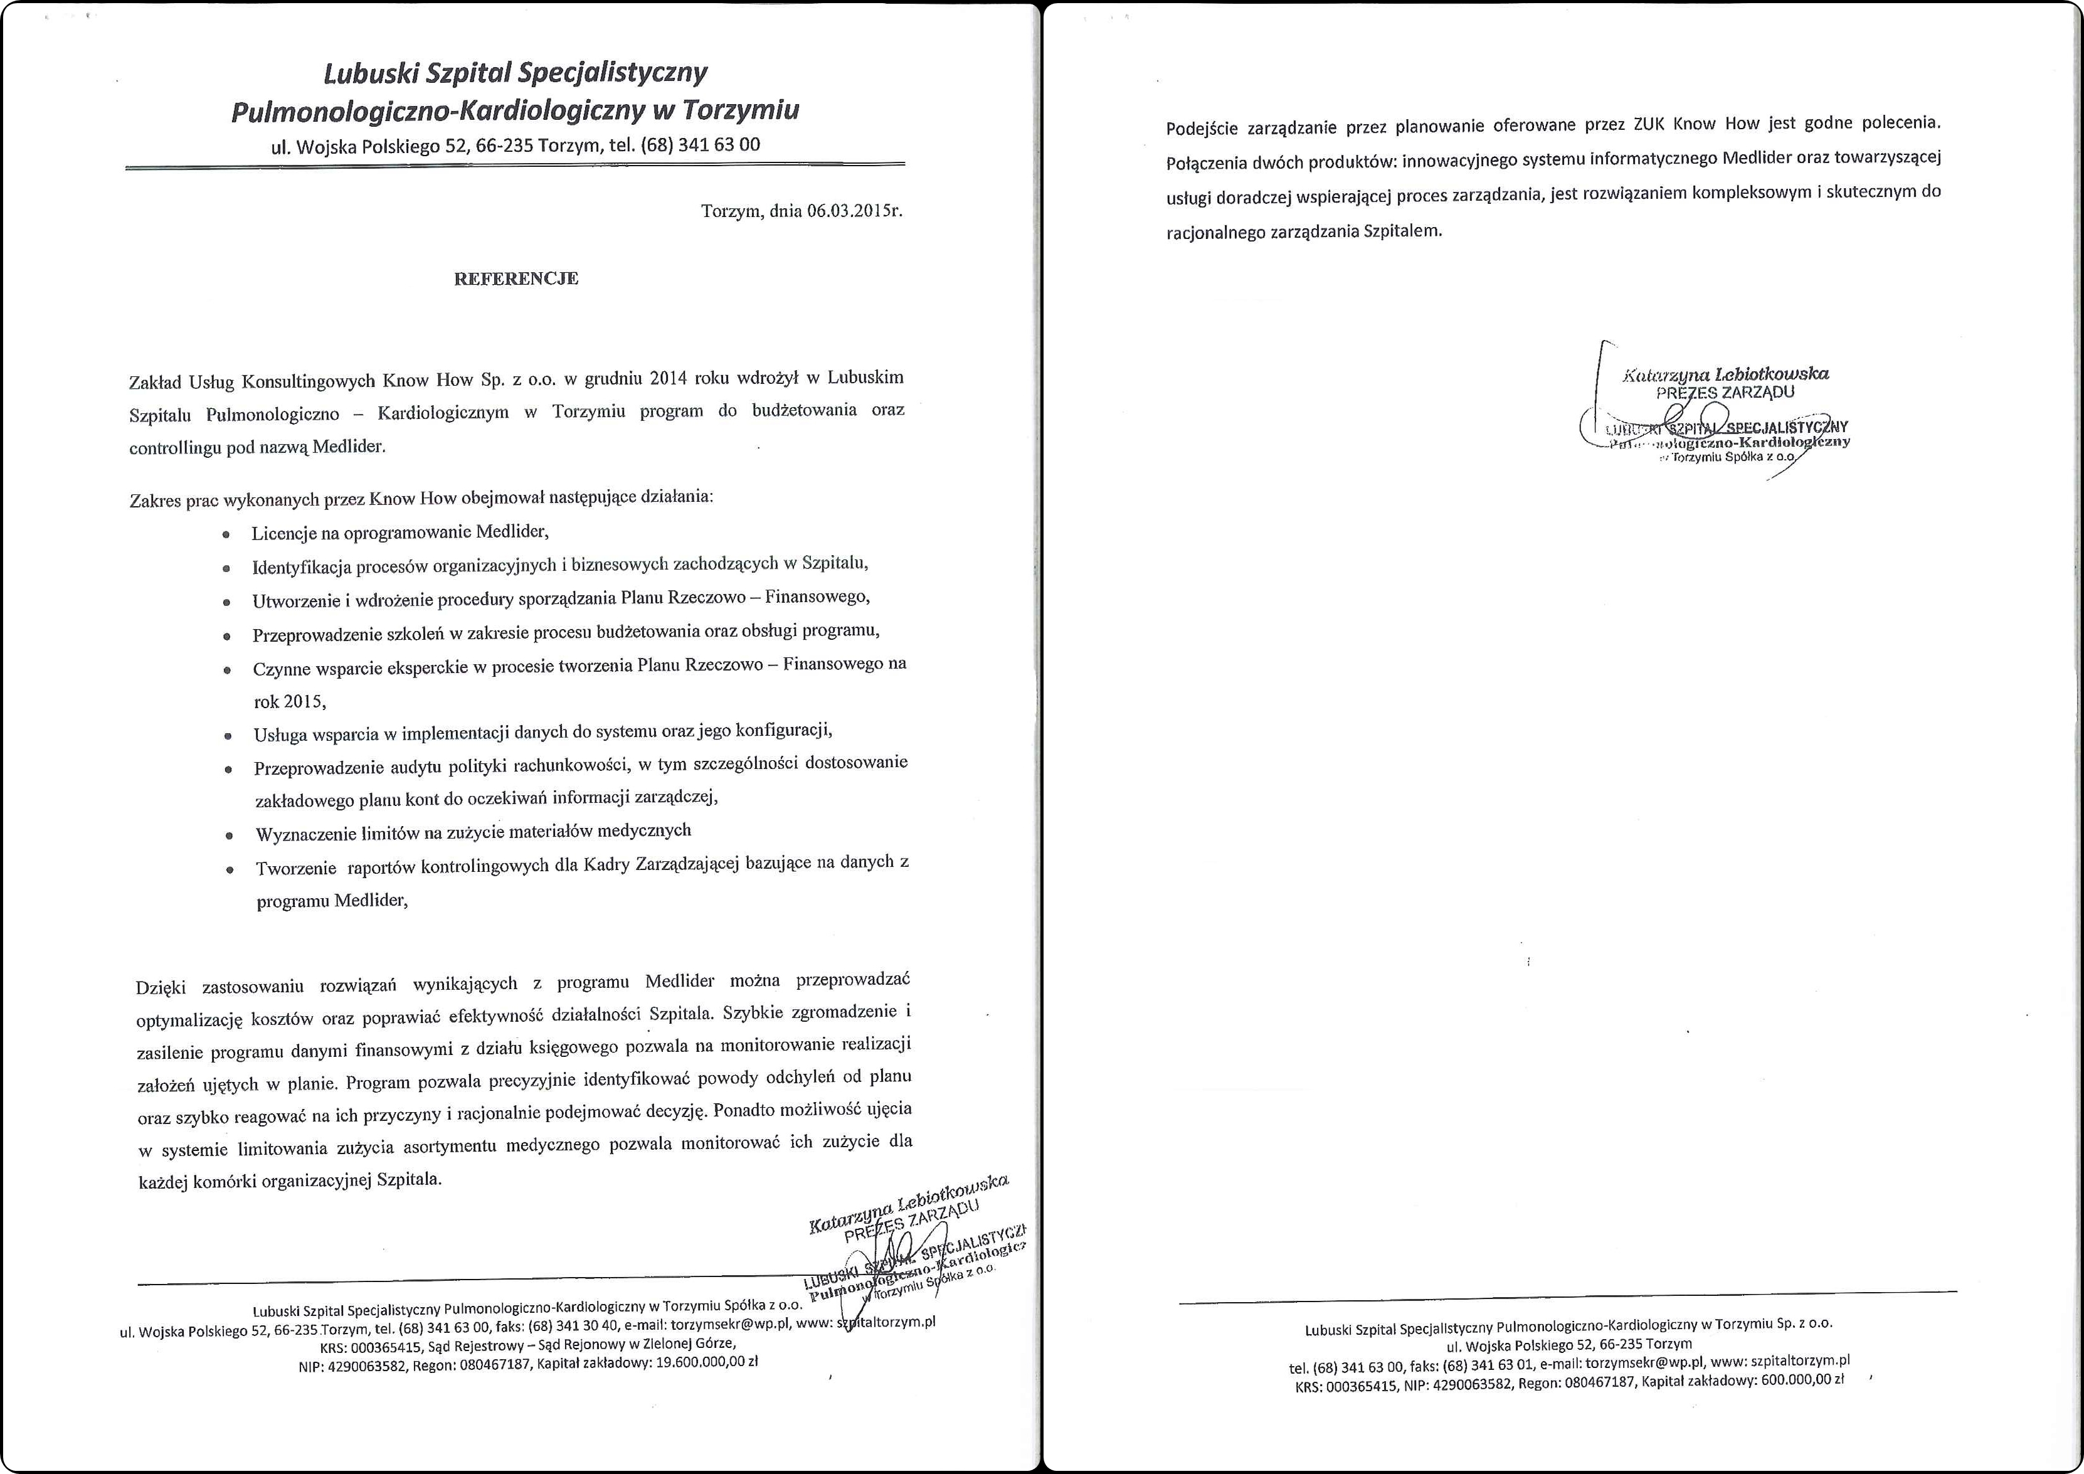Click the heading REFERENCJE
coord(516,278)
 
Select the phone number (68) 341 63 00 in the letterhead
coord(700,144)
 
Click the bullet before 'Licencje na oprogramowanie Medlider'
coord(226,534)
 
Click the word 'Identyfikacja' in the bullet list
coord(300,568)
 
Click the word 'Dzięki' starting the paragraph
coord(161,987)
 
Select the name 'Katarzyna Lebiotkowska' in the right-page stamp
coord(1725,373)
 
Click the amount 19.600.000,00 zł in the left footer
coord(706,1362)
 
